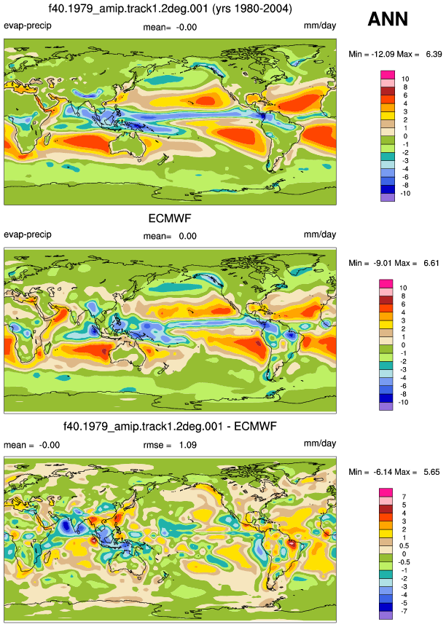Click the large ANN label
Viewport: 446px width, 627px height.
[388, 19]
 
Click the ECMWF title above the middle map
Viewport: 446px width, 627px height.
[170, 218]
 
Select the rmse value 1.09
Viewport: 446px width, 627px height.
[187, 445]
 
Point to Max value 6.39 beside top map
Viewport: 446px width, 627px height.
[434, 54]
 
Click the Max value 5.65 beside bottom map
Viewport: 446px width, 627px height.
[431, 472]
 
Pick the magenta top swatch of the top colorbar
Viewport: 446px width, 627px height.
[388, 75]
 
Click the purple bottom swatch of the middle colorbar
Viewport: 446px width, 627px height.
[386, 406]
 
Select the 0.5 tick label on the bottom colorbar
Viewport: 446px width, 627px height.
[404, 546]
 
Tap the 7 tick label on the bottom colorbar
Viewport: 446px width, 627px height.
[404, 497]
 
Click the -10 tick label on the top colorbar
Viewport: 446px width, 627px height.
[404, 194]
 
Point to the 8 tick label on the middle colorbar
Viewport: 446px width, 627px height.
[403, 296]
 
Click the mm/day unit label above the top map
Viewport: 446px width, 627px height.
[320, 25]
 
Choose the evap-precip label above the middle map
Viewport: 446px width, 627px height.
[28, 234]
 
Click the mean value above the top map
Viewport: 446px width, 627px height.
[187, 27]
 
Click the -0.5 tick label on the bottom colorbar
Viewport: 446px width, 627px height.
[404, 562]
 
